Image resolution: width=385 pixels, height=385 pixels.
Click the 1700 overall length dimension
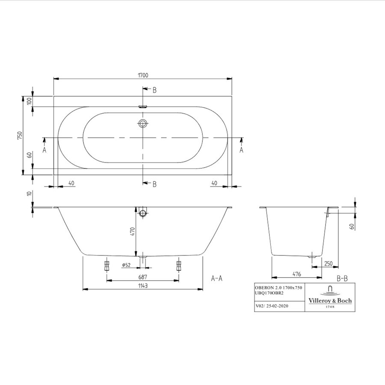(143, 75)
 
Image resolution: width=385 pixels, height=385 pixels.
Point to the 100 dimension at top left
(30, 101)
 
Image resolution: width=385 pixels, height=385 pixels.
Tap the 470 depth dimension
(133, 231)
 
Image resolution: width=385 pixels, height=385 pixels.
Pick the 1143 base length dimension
(142, 285)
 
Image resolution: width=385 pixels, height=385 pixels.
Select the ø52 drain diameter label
(126, 265)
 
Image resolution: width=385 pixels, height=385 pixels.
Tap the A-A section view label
(217, 278)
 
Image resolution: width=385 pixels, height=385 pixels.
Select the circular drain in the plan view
(143, 124)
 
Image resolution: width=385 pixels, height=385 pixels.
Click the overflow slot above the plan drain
(143, 107)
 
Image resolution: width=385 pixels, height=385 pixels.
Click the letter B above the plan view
(154, 90)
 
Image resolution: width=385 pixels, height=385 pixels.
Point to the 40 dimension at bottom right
(214, 183)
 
